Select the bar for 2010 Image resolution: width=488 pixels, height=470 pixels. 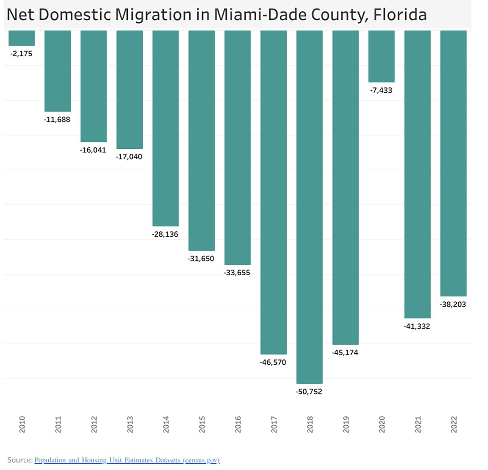pos(22,38)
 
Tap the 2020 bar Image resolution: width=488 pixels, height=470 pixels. pos(381,56)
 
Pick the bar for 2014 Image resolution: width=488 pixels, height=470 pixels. pos(166,128)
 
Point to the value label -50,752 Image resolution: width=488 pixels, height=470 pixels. pos(309,392)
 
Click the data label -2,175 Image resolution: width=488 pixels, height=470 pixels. pos(22,54)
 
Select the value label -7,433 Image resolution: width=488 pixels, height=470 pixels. pos(381,90)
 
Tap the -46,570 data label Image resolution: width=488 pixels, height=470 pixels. pos(273,362)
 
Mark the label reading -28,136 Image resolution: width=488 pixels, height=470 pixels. pos(165,234)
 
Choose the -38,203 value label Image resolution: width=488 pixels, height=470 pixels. pos(453,305)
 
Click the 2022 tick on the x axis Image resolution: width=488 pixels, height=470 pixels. pos(454,424)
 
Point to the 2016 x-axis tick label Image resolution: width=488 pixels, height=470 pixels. pos(238,424)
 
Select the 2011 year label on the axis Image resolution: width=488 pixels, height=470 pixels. pos(58,424)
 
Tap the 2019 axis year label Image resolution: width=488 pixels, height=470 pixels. pos(346,424)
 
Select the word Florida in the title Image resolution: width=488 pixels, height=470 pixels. pos(400,15)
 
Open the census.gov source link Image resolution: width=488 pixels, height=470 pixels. pos(127,460)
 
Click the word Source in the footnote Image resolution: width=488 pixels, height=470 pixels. pos(20,460)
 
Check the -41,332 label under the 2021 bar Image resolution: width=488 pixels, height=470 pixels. pos(417,326)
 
